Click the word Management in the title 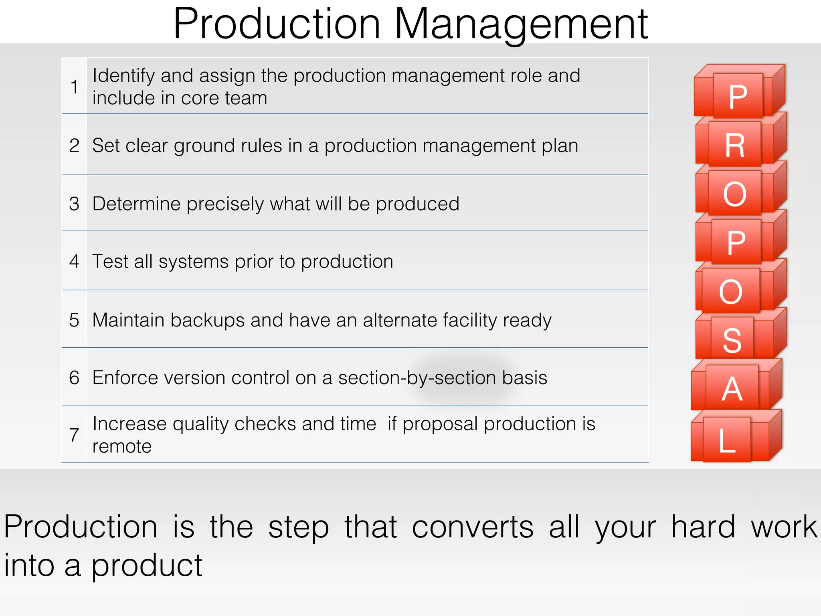521,25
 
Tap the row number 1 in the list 74,87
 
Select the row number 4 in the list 74,261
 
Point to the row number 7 74,435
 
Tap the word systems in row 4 193,262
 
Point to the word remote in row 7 122,446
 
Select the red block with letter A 732,388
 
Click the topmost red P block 738,96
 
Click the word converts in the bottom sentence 473,527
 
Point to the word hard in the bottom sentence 703,527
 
